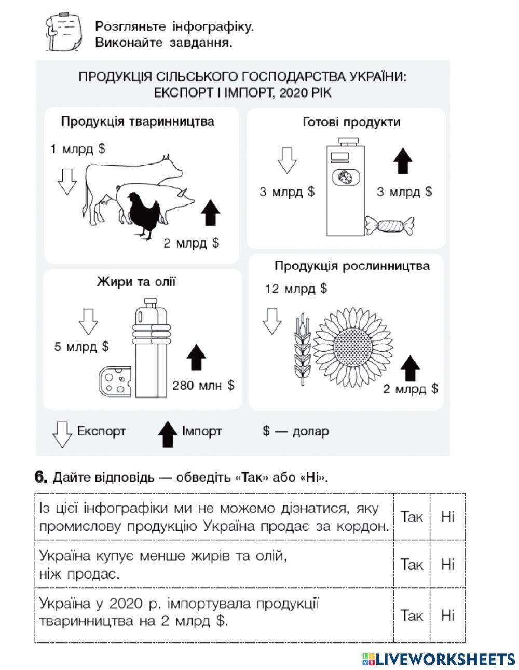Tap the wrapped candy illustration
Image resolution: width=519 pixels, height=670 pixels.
pos(390,226)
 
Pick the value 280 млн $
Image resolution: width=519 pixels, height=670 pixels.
pos(203,385)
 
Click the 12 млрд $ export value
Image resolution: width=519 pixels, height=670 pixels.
pos(296,289)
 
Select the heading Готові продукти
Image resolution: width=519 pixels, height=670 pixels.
pos(351,122)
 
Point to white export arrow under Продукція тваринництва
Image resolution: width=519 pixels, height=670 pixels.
pos(66,181)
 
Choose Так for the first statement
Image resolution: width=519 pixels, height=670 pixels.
pos(412,517)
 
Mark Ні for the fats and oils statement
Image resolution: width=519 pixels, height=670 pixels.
pos(447,564)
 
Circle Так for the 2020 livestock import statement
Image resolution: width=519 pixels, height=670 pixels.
pos(412,615)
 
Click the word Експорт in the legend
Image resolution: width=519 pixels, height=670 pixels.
pos(101,431)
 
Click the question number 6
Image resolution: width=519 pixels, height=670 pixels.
pos(41,477)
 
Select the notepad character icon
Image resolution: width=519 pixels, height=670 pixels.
pos(63,32)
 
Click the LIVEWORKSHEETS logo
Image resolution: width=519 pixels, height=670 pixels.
pos(438,659)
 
